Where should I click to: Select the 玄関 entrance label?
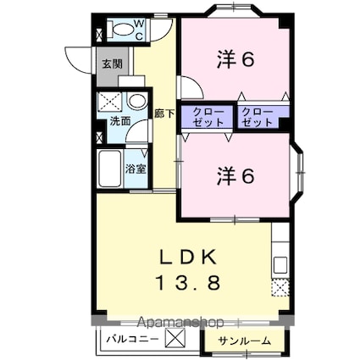pyautogui.click(x=112, y=64)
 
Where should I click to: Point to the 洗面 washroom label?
pyautogui.click(x=119, y=121)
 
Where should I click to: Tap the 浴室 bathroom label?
pyautogui.click(x=136, y=168)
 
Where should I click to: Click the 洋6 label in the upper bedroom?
pyautogui.click(x=236, y=59)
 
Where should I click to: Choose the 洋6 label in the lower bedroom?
pyautogui.click(x=236, y=176)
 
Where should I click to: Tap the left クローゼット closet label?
pyautogui.click(x=208, y=117)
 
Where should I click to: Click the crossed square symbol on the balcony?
pyautogui.click(x=174, y=340)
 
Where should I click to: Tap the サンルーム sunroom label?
pyautogui.click(x=245, y=341)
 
